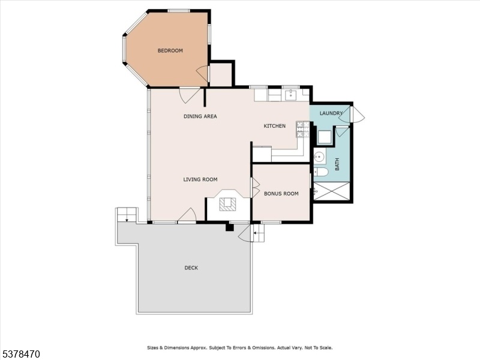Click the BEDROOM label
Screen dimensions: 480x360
pos(170,50)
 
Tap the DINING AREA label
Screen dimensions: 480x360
pos(200,116)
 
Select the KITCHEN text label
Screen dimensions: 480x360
pos(275,126)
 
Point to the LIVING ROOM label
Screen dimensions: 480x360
pos(200,179)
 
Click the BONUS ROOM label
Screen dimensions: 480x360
pos(281,193)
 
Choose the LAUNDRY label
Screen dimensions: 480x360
pos(331,113)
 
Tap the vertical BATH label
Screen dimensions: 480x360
pos(337,164)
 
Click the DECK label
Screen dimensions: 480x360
pos(191,268)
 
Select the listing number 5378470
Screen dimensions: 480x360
pos(20,354)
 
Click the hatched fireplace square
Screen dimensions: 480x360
pos(228,203)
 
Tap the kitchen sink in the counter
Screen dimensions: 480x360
pos(290,95)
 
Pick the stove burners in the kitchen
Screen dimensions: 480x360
pos(302,129)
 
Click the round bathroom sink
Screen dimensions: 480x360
pos(320,157)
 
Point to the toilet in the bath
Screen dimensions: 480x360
pos(320,172)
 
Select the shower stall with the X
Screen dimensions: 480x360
pos(332,191)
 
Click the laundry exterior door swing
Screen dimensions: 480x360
pos(358,114)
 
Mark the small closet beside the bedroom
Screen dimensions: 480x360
pos(221,74)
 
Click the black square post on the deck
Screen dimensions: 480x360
pos(230,228)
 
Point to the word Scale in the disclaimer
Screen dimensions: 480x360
pos(326,348)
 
